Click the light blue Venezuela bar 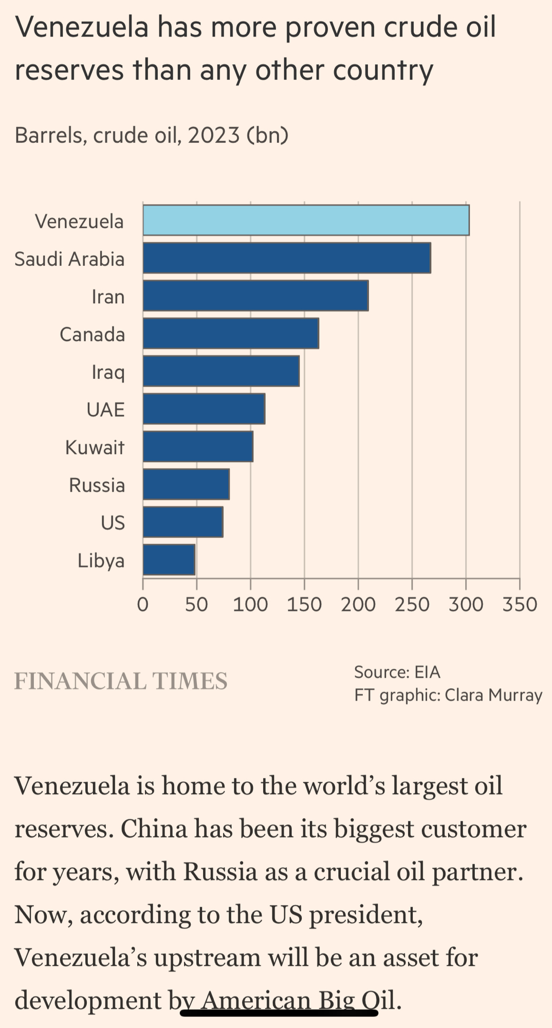point(306,220)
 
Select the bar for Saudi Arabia point(286,258)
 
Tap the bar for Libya point(169,560)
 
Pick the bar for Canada point(230,334)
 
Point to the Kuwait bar point(198,447)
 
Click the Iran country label point(108,297)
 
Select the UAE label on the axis point(105,410)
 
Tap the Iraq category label point(108,372)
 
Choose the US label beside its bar point(113,523)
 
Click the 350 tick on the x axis point(519,604)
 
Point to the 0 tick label point(143,604)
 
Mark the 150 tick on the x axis point(304,604)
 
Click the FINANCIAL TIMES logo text point(121,681)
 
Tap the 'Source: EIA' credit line point(397,672)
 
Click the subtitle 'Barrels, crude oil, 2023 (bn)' point(151,135)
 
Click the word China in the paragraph point(154,829)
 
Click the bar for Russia point(186,484)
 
